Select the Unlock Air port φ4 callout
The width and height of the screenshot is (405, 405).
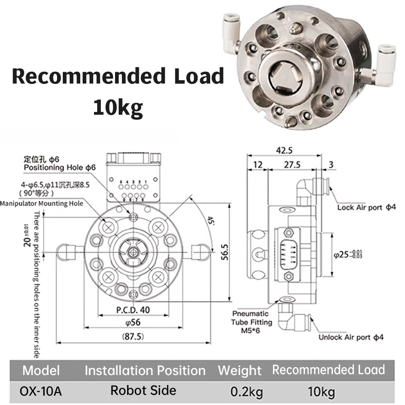coord(351,337)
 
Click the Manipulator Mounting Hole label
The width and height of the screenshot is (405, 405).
coord(42,203)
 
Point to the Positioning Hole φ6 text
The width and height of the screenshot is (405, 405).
coord(60,167)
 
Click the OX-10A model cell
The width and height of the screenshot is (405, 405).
coord(41,391)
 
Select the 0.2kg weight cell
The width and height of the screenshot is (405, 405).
coord(246,392)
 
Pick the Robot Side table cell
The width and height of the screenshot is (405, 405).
coord(143,390)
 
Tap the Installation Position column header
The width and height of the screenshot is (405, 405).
coord(145,371)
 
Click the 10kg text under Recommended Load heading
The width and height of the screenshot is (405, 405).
coord(118,107)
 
